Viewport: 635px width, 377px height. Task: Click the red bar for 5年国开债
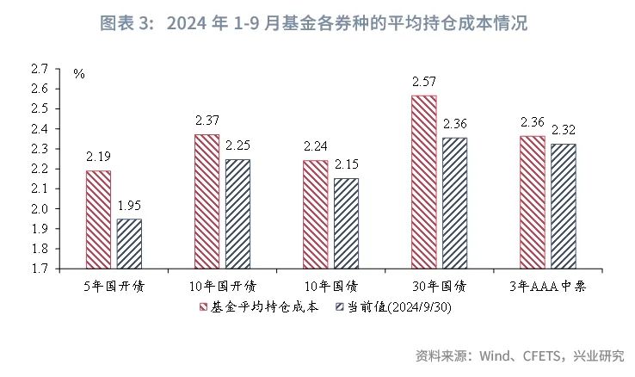pyautogui.click(x=98, y=219)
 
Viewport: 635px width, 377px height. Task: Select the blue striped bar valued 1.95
pyautogui.click(x=129, y=244)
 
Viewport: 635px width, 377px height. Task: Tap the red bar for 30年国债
pyautogui.click(x=423, y=182)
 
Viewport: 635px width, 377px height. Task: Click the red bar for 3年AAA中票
pyautogui.click(x=533, y=202)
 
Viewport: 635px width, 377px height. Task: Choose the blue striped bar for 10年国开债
pyautogui.click(x=237, y=213)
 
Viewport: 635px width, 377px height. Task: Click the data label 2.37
pyautogui.click(x=207, y=121)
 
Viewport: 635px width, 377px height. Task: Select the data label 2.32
pyautogui.click(x=564, y=131)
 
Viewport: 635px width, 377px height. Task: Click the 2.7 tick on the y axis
pyautogui.click(x=39, y=69)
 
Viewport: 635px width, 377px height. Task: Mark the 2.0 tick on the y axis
pyautogui.click(x=39, y=208)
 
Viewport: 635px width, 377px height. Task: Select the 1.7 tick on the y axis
pyautogui.click(x=39, y=269)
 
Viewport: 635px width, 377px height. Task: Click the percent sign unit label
pyautogui.click(x=79, y=74)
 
